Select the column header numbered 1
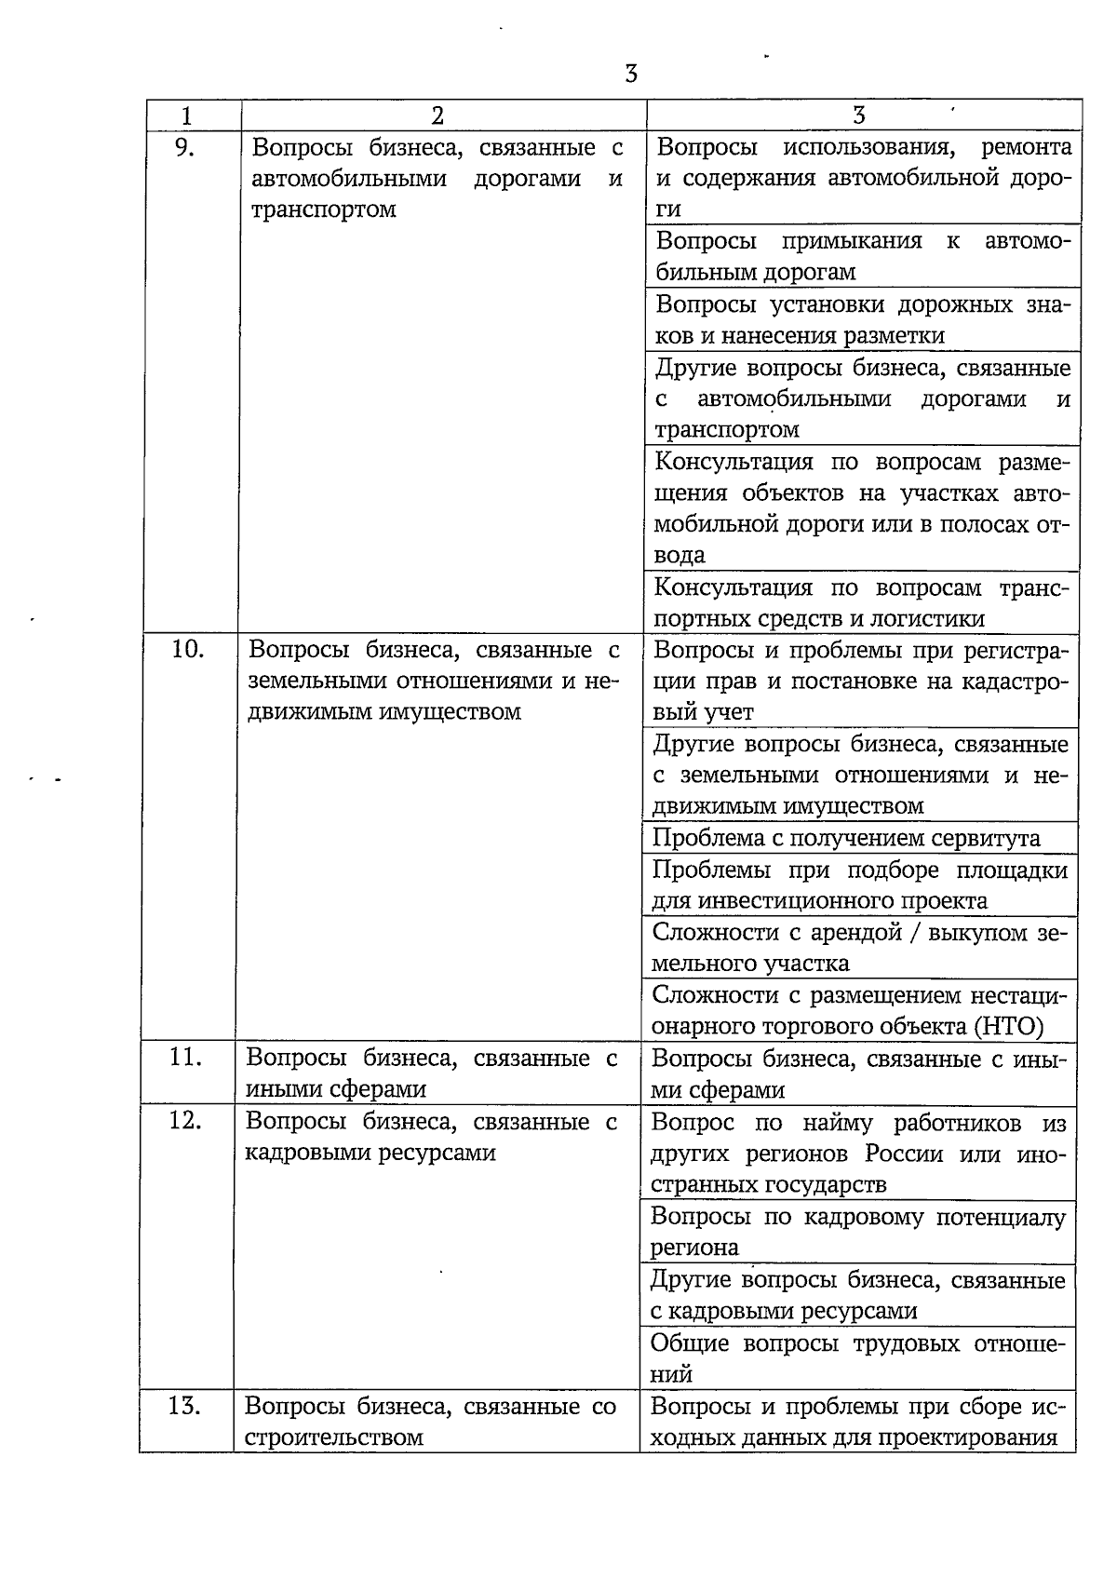(x=187, y=116)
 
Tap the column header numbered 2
(x=437, y=116)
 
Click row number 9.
(x=185, y=147)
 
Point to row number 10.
(x=188, y=649)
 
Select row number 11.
(x=186, y=1058)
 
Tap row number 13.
(x=185, y=1406)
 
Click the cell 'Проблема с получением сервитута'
(x=846, y=838)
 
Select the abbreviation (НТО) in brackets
(x=1010, y=1027)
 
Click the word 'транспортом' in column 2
(x=324, y=209)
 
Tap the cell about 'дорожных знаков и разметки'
(x=862, y=319)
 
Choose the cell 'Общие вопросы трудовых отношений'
(x=857, y=1358)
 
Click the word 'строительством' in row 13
(x=334, y=1437)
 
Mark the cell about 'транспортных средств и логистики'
(x=862, y=602)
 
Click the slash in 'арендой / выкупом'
(x=916, y=933)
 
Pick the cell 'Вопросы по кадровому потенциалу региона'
(x=857, y=1232)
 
